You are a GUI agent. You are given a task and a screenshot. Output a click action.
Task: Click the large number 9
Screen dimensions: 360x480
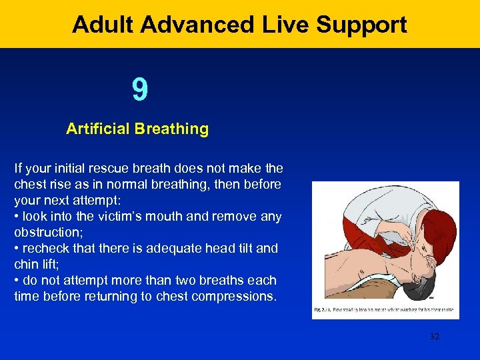point(139,90)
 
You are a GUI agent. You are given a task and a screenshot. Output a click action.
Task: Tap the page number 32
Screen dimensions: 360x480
point(435,337)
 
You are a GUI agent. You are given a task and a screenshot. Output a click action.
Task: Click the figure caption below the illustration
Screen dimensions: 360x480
point(385,310)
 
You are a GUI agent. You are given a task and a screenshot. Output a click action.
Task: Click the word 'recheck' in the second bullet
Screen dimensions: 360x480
point(45,248)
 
